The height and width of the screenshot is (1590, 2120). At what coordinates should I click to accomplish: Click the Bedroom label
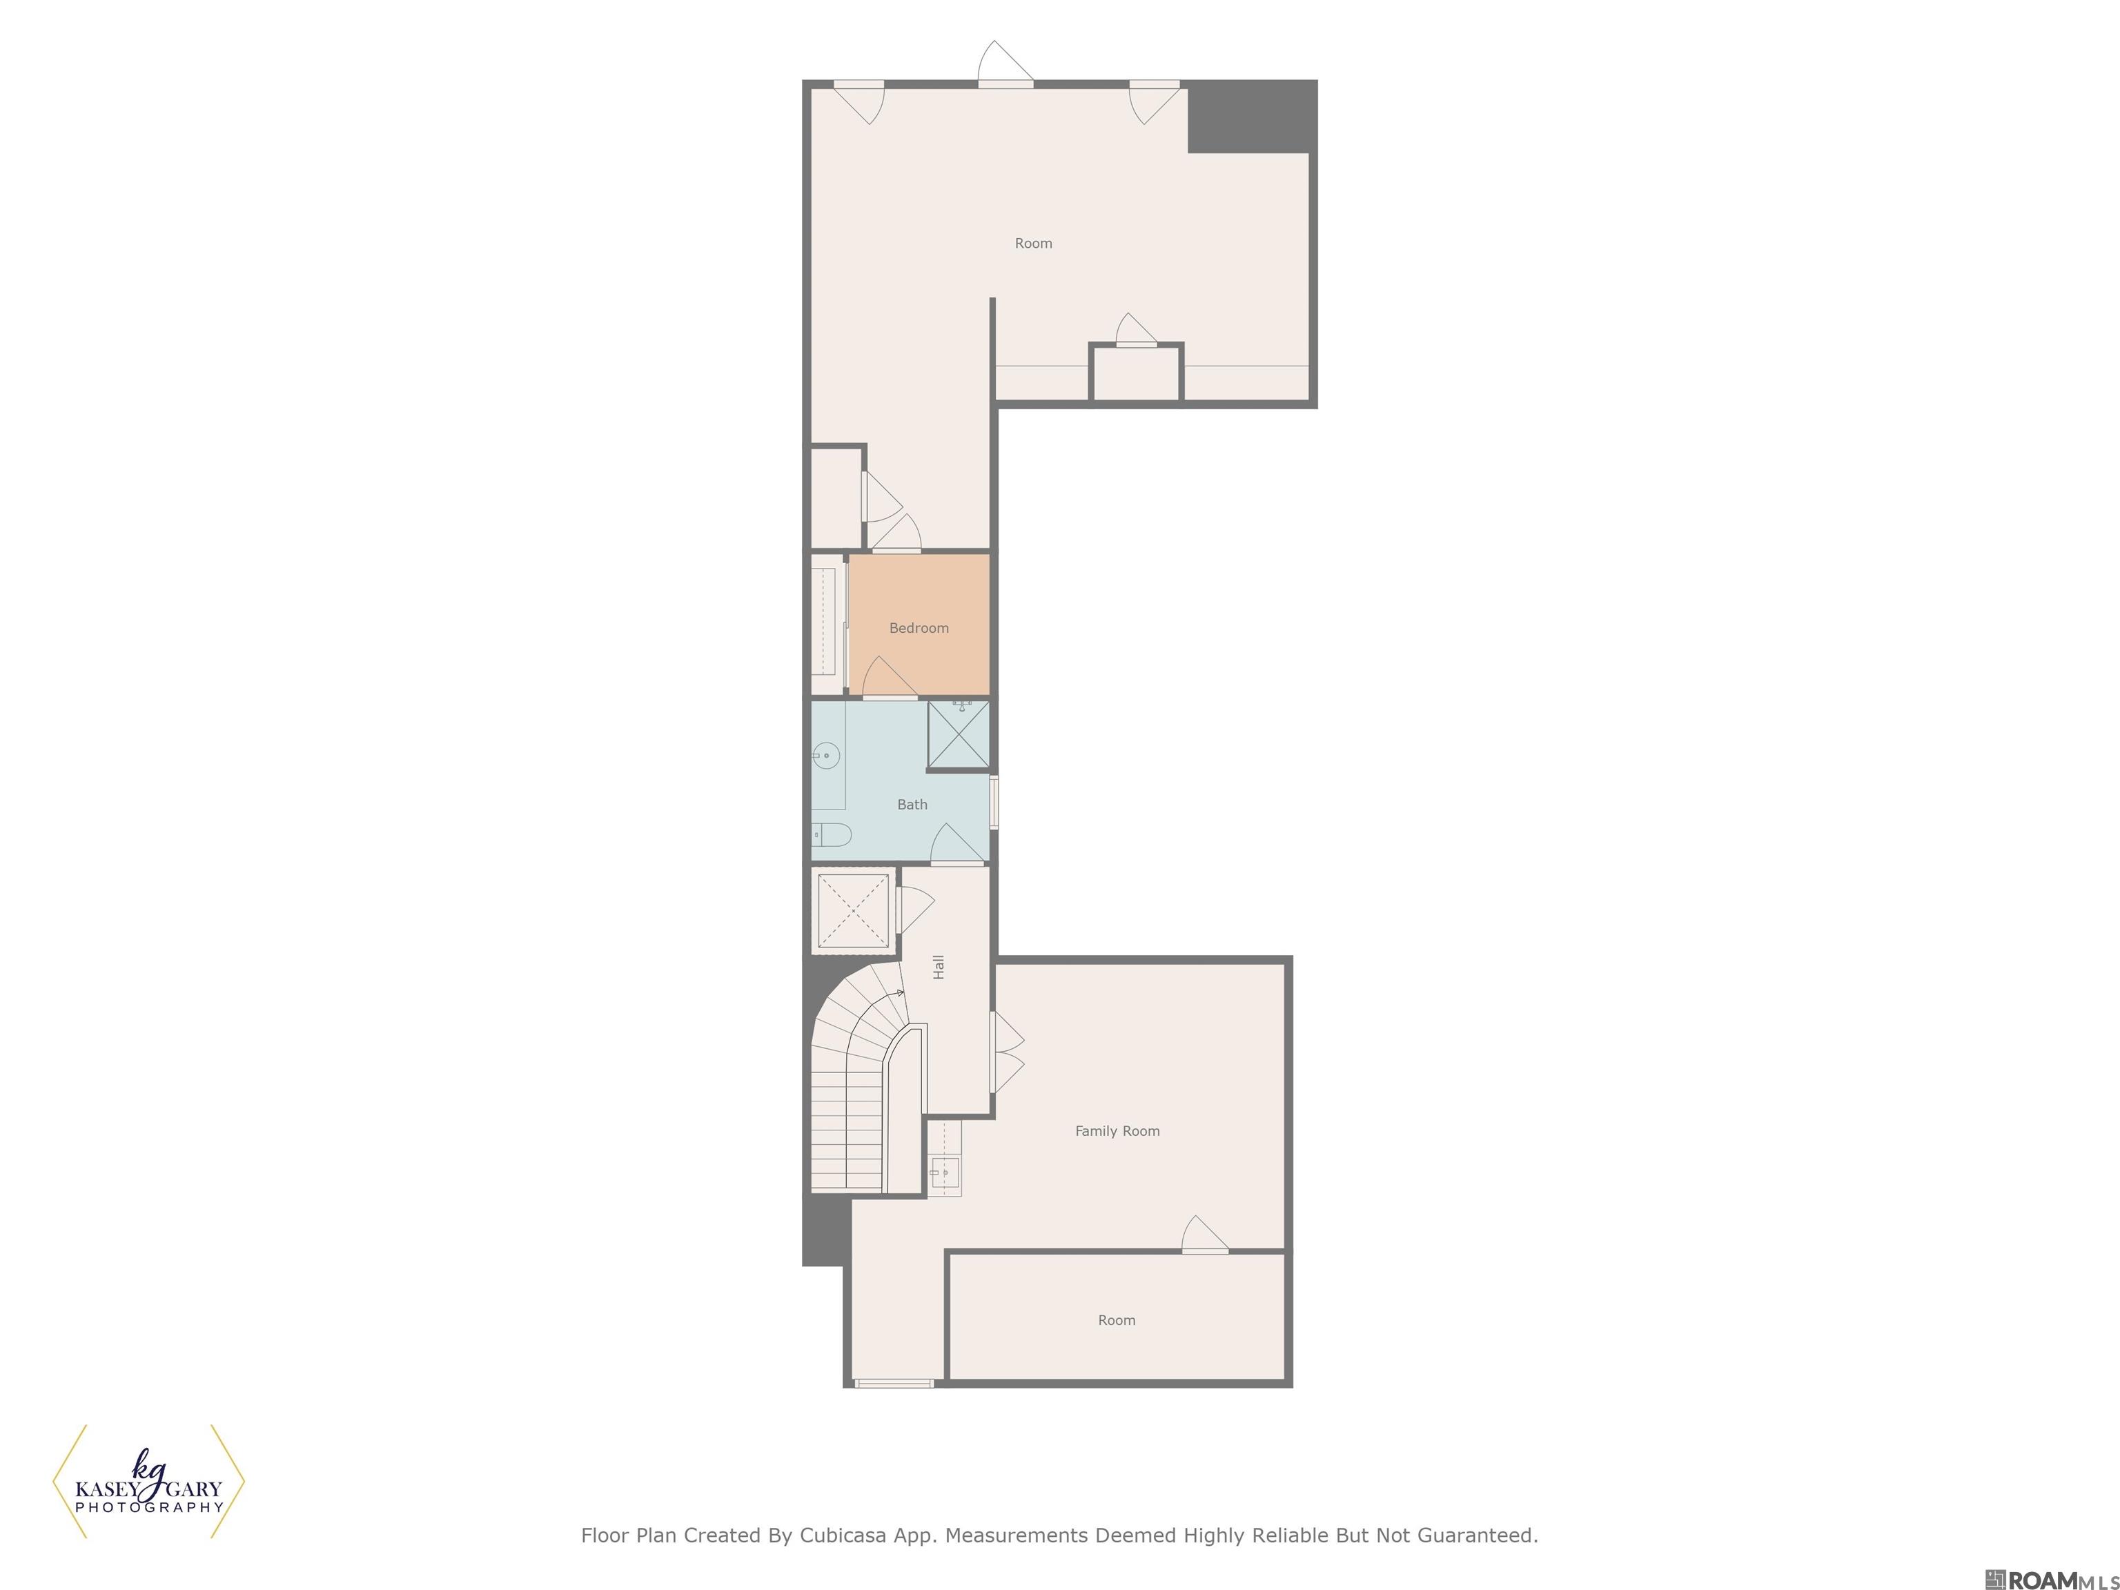918,628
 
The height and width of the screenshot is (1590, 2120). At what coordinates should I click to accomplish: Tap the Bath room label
912,804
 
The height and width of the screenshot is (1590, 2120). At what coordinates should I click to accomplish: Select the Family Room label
1117,1131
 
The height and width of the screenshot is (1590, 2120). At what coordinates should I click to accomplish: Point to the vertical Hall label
939,966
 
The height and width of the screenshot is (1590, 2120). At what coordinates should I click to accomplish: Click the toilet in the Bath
831,835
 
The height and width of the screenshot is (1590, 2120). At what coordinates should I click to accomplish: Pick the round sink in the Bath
825,757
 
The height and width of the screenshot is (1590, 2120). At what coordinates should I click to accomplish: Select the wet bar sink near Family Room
944,1171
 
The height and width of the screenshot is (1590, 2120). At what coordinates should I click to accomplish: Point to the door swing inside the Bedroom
890,678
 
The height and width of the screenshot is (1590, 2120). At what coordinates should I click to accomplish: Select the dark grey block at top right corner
1253,116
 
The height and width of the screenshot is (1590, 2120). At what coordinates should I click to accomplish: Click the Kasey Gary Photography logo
148,1482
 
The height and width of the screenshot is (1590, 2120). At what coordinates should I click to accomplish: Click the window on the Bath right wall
994,801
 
